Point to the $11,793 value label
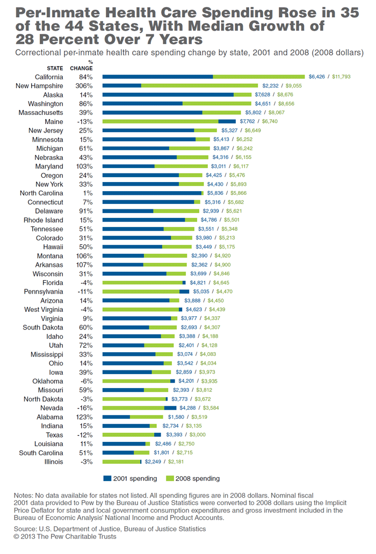pyautogui.click(x=341, y=77)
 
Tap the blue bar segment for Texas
pyautogui.click(x=157, y=435)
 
